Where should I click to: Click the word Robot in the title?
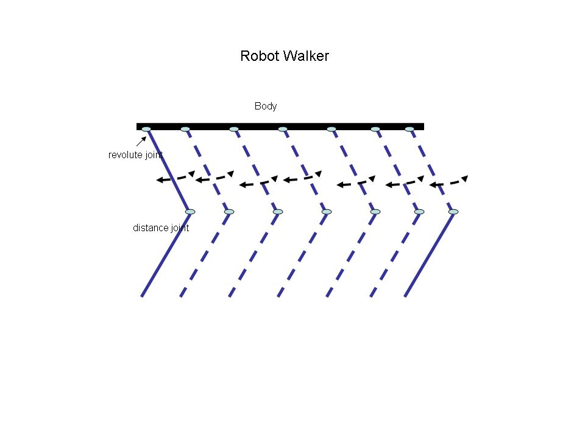tap(256, 57)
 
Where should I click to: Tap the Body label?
tap(266, 106)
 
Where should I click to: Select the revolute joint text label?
tap(135, 155)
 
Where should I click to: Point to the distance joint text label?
tap(161, 228)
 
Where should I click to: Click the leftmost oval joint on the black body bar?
tap(146, 129)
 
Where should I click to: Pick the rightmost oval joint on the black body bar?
tap(409, 129)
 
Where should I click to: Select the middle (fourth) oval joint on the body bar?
tap(283, 129)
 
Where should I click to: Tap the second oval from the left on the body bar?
tap(185, 129)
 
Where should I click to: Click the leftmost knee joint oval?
tap(190, 212)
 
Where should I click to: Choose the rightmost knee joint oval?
tap(453, 212)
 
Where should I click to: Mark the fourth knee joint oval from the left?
tap(327, 212)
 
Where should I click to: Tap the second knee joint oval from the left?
tap(229, 212)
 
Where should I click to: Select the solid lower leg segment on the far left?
tap(165, 255)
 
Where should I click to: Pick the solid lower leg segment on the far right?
tap(428, 255)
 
